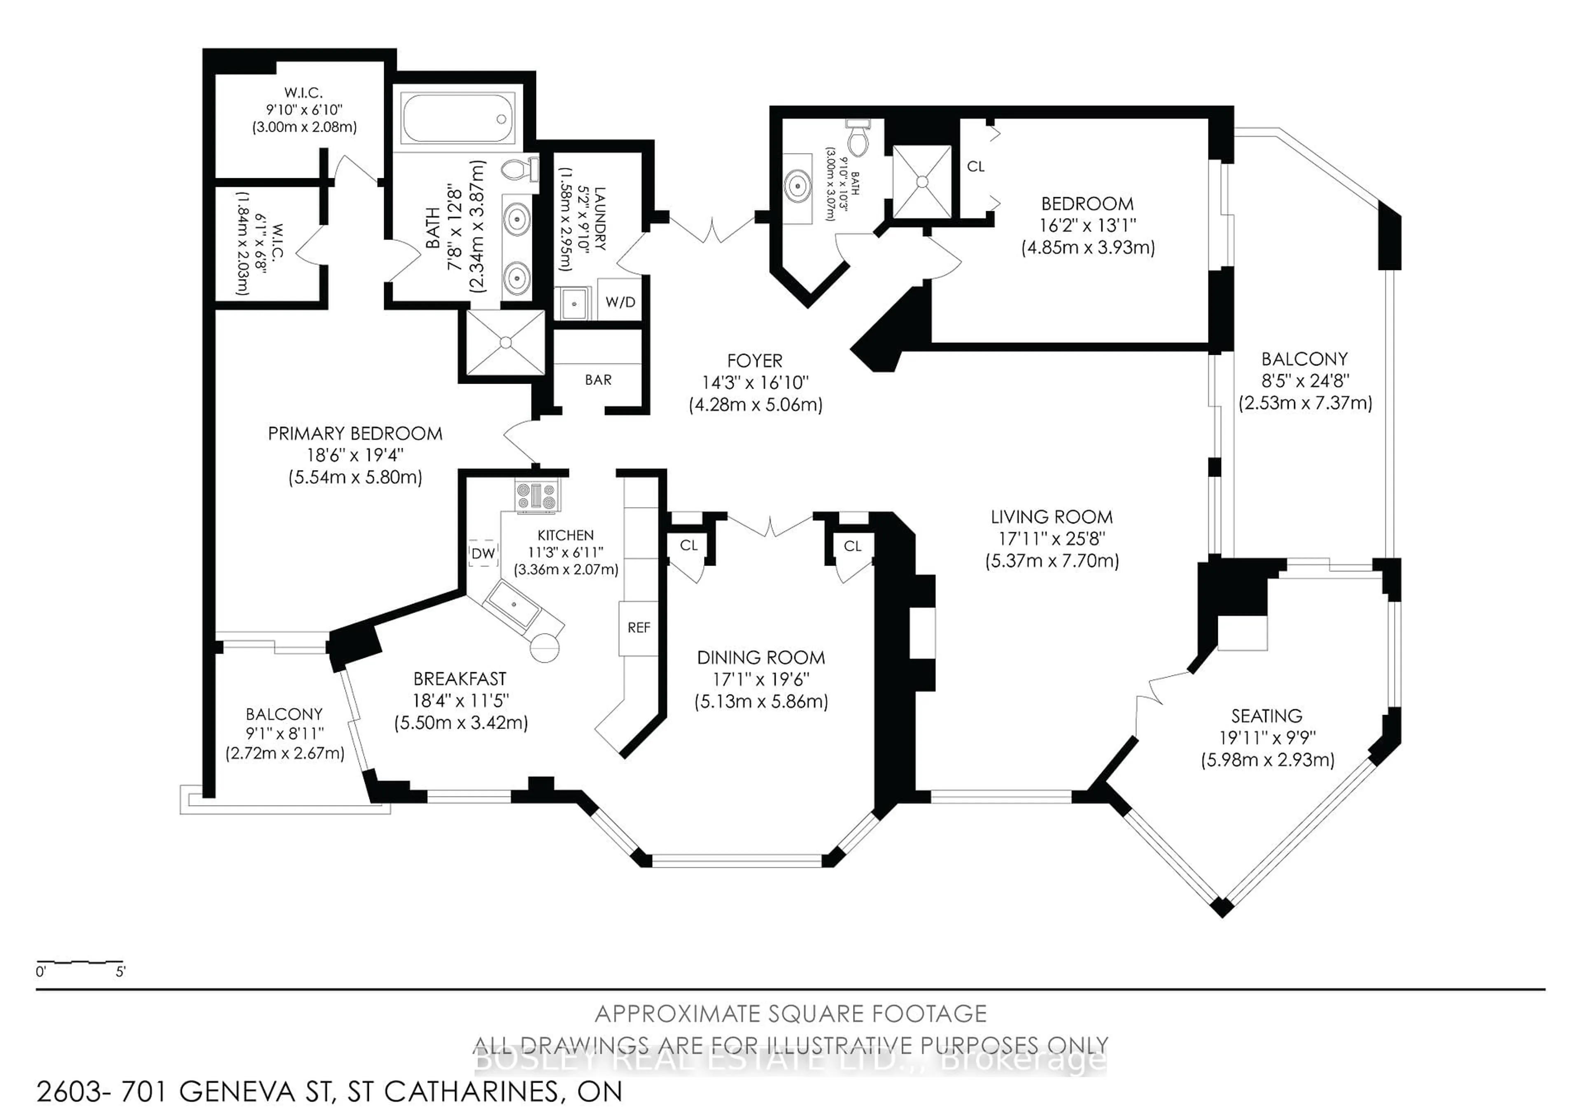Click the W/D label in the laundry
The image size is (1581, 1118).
pyautogui.click(x=620, y=302)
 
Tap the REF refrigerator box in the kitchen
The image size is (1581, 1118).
pyautogui.click(x=638, y=628)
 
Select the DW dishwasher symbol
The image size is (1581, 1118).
pyautogui.click(x=483, y=553)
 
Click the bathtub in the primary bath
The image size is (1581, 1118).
pyautogui.click(x=458, y=119)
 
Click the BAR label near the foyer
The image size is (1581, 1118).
pyautogui.click(x=598, y=380)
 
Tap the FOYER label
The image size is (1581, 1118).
pyautogui.click(x=755, y=361)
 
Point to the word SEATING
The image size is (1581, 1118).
pyautogui.click(x=1266, y=716)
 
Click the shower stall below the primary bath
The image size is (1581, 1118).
pyautogui.click(x=506, y=342)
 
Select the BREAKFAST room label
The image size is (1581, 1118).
pyautogui.click(x=459, y=679)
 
